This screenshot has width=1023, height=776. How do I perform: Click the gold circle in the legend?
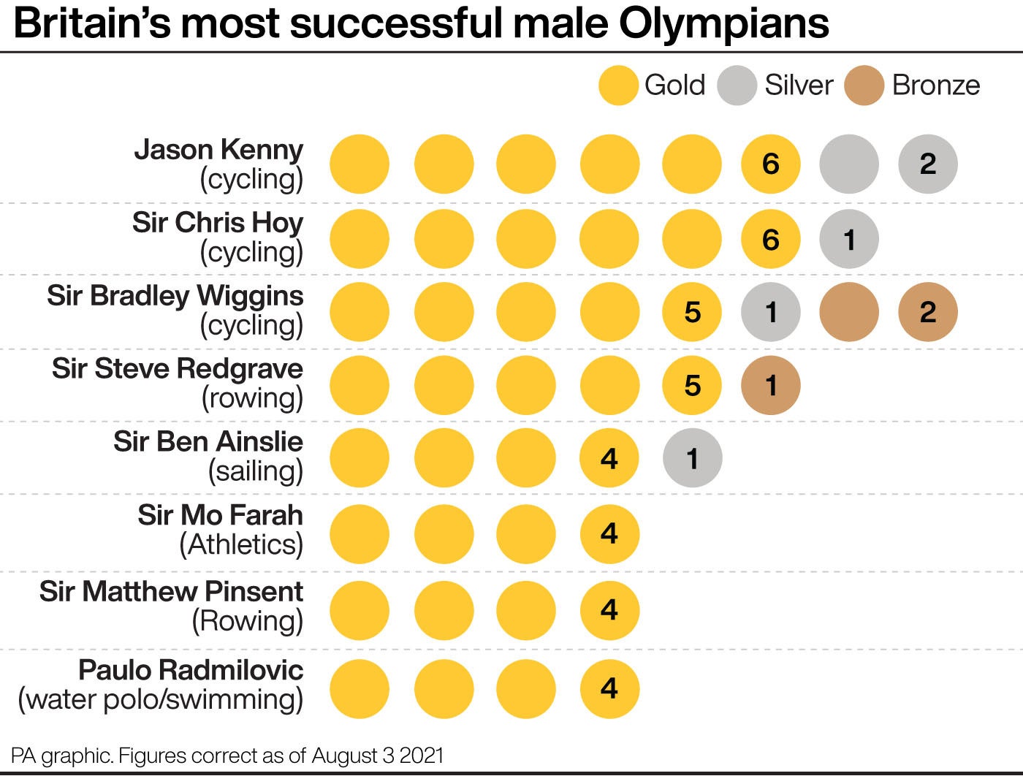pos(618,85)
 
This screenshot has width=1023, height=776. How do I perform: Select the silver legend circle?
pos(737,85)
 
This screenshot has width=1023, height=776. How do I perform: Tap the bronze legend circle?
pos(864,85)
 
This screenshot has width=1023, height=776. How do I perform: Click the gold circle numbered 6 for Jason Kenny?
pos(770,164)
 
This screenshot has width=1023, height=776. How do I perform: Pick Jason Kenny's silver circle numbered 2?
pos(927,164)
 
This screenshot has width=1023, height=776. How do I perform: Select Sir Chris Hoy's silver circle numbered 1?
pos(848,239)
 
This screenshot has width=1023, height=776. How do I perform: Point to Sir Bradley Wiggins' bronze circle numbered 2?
pos(927,312)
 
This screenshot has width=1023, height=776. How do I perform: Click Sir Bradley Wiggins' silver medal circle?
pos(770,312)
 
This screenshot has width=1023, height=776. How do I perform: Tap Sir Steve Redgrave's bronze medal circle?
pos(770,385)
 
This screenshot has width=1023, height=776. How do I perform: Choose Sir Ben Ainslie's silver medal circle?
pos(692,458)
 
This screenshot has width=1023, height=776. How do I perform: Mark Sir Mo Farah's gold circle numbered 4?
pos(609,533)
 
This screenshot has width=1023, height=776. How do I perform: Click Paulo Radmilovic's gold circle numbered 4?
pos(609,688)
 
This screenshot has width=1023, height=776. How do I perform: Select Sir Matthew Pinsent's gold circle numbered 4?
pos(609,609)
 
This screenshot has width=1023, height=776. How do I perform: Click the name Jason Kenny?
pos(218,150)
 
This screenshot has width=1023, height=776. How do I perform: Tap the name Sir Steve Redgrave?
pos(177,368)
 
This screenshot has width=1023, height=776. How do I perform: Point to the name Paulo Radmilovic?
pos(191,670)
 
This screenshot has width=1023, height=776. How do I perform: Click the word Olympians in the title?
pos(723,23)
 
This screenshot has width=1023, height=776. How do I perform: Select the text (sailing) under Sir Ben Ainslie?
pos(256,471)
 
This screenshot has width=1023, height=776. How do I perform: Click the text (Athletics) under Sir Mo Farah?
pos(241,545)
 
